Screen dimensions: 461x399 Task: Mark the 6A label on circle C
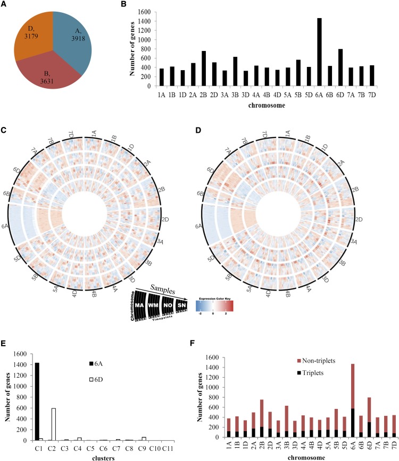pos(6,226)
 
